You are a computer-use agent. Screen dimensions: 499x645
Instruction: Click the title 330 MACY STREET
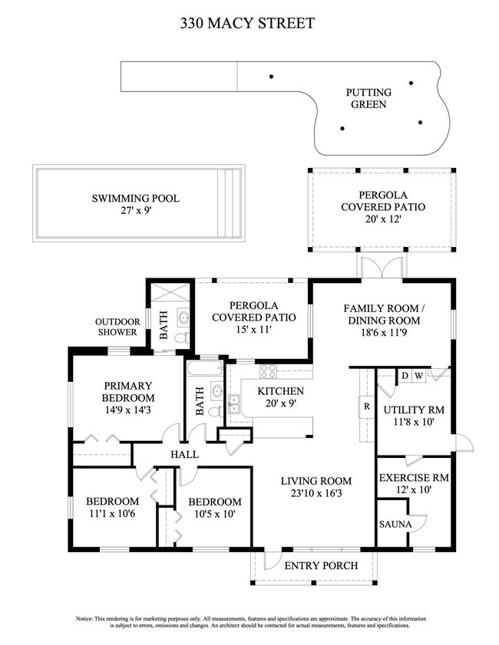coord(247,23)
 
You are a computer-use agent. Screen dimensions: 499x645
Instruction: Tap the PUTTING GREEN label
coord(368,98)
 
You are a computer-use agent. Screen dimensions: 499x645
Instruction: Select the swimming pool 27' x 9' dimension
coord(136,211)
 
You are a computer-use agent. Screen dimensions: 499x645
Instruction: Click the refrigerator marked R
coord(366,406)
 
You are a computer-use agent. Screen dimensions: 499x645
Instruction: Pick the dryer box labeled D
coord(405,376)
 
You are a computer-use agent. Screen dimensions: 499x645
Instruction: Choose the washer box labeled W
coord(418,376)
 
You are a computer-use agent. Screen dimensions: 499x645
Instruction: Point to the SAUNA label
coord(395,525)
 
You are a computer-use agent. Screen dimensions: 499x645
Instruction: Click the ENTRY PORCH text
coord(321,565)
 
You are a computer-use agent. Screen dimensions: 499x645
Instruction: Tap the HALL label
coord(185,455)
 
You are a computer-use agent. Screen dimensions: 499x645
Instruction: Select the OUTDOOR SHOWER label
coord(117,327)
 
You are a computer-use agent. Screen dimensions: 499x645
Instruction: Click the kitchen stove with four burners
coord(268,371)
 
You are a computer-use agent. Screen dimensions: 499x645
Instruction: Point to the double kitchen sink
coord(234,403)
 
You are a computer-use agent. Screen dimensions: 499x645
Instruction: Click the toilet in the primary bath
coord(182,337)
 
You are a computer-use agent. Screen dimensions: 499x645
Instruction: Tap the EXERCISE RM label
coord(414,478)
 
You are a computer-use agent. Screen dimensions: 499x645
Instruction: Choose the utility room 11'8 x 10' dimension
coord(414,422)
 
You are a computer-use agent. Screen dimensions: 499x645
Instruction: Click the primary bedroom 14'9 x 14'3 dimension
coord(128,410)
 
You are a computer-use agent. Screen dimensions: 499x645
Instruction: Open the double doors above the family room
coord(382,268)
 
